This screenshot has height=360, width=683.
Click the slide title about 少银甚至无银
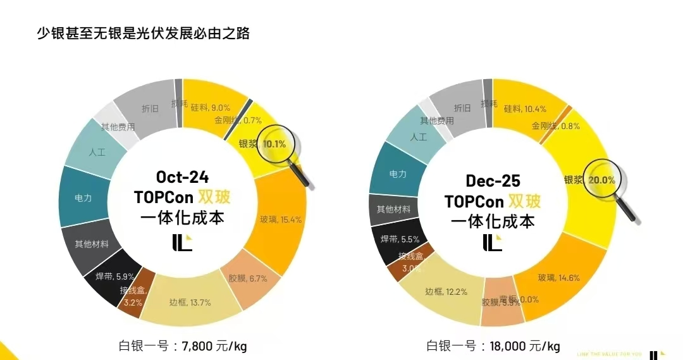[x=144, y=34]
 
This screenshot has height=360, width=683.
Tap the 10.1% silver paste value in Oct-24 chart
[x=274, y=144]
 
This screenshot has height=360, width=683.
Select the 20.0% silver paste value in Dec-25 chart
[x=601, y=180]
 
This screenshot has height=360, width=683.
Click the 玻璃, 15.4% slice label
[x=280, y=220]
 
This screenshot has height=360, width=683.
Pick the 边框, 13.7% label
[x=190, y=302]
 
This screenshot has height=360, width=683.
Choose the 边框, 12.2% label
[x=446, y=292]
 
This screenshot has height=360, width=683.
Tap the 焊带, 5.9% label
[x=114, y=276]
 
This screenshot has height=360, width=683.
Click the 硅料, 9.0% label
[x=211, y=108]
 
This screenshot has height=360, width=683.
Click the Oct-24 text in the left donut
[x=182, y=177]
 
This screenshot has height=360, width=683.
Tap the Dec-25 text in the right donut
[x=493, y=181]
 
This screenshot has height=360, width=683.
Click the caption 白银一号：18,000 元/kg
[x=493, y=345]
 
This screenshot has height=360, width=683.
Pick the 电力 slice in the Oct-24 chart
[x=83, y=198]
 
